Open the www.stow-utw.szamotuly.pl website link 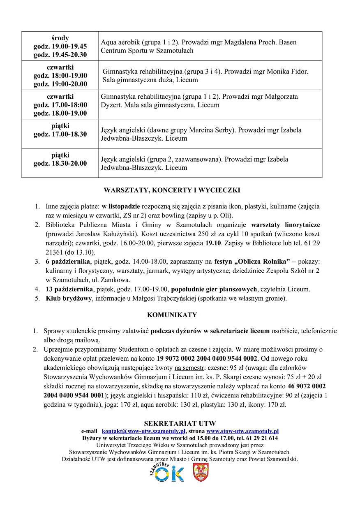(242, 431)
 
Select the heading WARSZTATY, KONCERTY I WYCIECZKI (172, 190)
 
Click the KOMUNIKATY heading (172, 315)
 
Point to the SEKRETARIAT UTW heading (180, 424)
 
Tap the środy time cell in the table (60, 46)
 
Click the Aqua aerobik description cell (210, 46)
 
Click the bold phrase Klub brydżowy (69, 298)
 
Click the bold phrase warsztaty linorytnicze (285, 225)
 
